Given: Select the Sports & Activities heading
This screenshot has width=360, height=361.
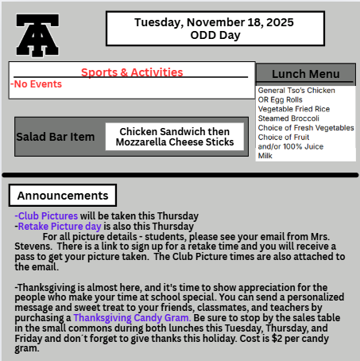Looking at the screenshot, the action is (132, 72).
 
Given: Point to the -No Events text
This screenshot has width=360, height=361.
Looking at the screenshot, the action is (33, 83).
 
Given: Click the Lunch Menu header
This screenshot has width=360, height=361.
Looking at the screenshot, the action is (304, 74).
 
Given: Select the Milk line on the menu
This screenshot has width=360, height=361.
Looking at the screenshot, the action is (266, 155).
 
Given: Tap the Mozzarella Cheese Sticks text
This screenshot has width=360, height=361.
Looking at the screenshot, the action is (174, 142).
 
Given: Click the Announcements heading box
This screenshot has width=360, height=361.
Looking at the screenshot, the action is (62, 195).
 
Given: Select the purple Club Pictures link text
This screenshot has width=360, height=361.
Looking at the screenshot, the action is (47, 215).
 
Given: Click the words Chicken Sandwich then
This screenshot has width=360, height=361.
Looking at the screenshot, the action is (174, 131).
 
